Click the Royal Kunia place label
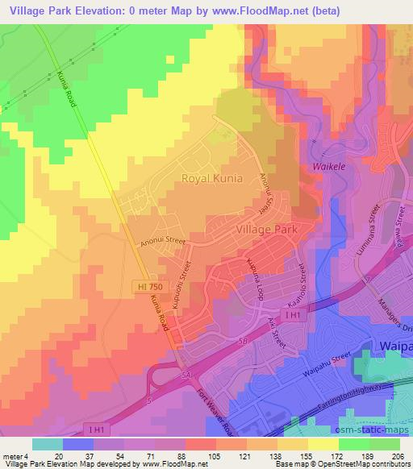[211, 178]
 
